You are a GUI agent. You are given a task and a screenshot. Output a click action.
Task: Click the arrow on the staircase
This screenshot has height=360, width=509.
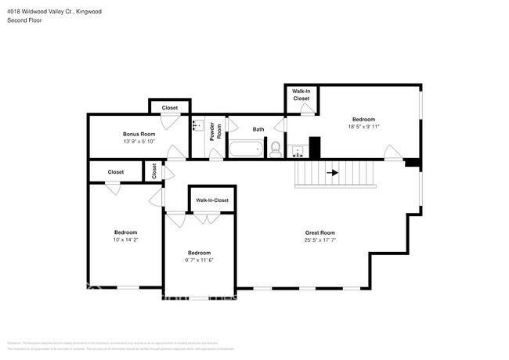[332, 173]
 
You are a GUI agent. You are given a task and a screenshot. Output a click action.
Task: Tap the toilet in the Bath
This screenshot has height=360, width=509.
[275, 149]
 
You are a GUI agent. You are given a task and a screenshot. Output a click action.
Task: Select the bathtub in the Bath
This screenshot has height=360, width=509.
[245, 149]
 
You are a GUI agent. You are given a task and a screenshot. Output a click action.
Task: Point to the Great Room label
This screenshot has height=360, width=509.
[319, 232]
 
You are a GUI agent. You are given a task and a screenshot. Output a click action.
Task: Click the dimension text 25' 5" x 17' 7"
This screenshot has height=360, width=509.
[319, 240]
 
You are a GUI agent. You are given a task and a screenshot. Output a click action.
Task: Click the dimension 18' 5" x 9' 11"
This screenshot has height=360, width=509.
[363, 127]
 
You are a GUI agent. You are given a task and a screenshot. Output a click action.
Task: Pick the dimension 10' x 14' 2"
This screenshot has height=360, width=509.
[125, 240]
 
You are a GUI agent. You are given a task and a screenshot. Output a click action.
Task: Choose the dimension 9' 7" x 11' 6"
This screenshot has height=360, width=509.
[199, 261]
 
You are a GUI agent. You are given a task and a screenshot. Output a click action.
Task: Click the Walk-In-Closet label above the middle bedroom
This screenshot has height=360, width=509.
[212, 200]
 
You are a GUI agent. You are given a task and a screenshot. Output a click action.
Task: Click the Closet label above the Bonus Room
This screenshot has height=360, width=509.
[170, 107]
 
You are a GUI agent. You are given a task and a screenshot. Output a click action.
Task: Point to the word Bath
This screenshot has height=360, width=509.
[258, 129]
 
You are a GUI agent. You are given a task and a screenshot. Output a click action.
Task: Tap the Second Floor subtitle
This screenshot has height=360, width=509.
[24, 20]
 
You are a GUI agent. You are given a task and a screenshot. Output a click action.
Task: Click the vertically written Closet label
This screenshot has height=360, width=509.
[154, 171]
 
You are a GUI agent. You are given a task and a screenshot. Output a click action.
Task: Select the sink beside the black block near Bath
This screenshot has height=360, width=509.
[297, 148]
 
